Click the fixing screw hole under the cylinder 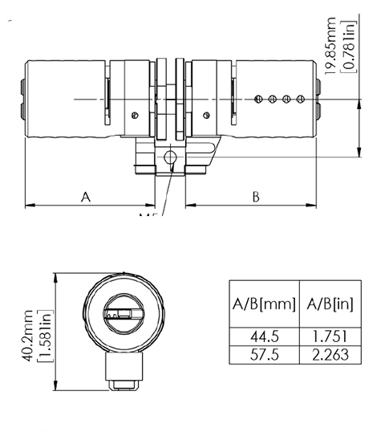pyautogui.click(x=170, y=158)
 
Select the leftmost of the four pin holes pyautogui.click(x=258, y=99)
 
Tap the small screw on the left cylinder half pyautogui.click(x=136, y=112)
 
